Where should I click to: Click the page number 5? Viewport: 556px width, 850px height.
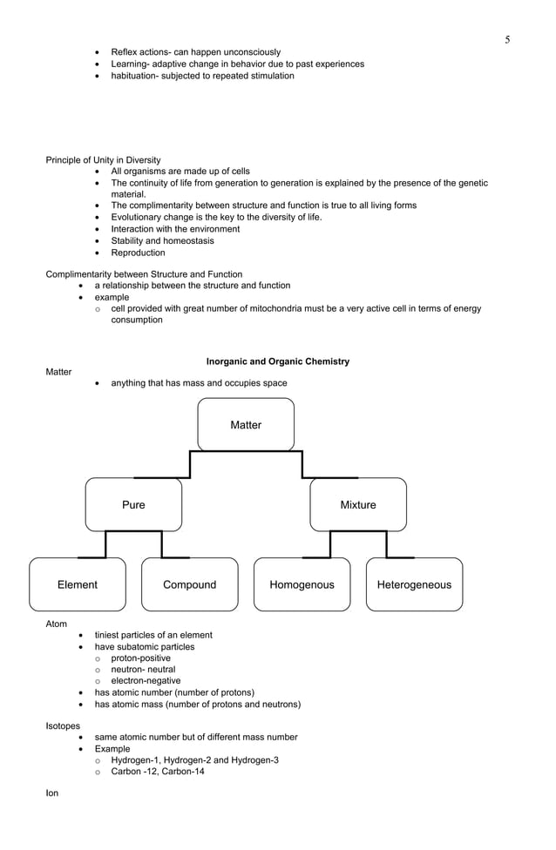point(507,40)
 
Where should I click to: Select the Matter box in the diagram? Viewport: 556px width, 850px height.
point(246,425)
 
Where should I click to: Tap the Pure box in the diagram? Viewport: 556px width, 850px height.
point(133,505)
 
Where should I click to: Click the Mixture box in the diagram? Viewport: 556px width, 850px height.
point(358,505)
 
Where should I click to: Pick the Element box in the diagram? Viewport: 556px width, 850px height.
point(78,584)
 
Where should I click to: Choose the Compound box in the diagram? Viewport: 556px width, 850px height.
point(189,584)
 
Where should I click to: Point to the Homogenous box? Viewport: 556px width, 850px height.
point(302,584)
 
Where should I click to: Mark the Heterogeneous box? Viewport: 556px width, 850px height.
point(414,584)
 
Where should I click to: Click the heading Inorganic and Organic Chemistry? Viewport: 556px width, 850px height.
point(277,361)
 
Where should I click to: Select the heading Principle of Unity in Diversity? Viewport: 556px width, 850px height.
point(103,160)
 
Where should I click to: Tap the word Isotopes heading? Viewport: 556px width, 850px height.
point(63,725)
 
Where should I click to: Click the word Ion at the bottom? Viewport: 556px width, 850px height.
point(52,793)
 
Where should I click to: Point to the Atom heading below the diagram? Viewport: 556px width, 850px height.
point(56,624)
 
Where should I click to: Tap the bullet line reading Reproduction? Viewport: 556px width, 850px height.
point(138,253)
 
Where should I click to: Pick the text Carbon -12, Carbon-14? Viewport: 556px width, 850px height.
point(157,772)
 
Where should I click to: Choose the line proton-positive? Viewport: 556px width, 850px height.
point(140,658)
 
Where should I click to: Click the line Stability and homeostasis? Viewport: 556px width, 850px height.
point(162,241)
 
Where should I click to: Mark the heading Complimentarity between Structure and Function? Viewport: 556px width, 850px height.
point(144,274)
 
